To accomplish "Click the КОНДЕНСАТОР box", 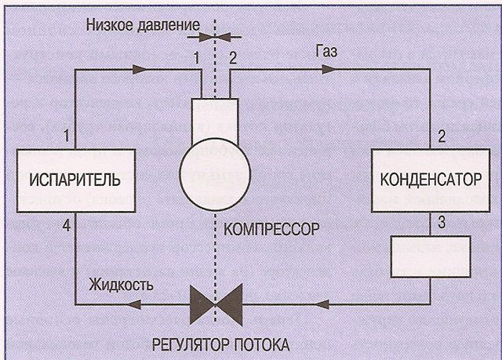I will click(x=429, y=178).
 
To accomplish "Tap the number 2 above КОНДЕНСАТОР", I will click(x=442, y=135).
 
